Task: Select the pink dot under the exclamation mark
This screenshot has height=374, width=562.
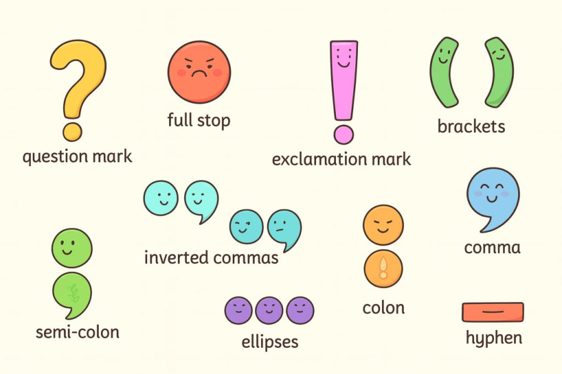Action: [x=344, y=134]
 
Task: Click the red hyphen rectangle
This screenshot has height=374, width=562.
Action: [x=493, y=312]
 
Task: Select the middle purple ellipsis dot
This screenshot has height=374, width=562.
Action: [x=269, y=311]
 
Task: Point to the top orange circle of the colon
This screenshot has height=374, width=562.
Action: [x=383, y=225]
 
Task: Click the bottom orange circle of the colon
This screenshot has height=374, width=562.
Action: [x=383, y=268]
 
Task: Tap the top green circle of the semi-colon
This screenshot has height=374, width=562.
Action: [x=72, y=248]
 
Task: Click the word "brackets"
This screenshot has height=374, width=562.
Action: [x=471, y=127]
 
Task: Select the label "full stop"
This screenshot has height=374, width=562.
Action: [x=199, y=120]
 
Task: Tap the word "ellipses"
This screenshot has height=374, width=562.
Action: [x=270, y=342]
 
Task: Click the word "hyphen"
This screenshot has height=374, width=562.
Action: [x=494, y=338]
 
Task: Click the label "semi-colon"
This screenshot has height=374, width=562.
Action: [x=77, y=332]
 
